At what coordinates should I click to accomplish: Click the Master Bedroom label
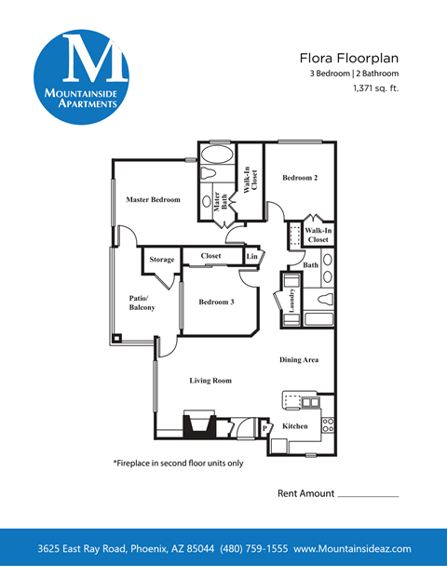(x=153, y=200)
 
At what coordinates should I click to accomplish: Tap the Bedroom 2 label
(x=300, y=178)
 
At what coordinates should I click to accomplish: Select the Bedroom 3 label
(x=216, y=302)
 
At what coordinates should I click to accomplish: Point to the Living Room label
(x=210, y=380)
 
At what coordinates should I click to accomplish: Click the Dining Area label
(x=300, y=359)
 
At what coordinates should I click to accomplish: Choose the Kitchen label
(x=295, y=425)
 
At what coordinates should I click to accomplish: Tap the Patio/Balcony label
(x=142, y=302)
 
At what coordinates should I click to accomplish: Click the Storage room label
(x=162, y=260)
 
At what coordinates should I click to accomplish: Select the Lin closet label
(x=251, y=255)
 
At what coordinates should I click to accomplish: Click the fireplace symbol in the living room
(x=198, y=424)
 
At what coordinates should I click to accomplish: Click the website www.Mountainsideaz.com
(x=352, y=549)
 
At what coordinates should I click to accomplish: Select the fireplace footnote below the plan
(x=178, y=463)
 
